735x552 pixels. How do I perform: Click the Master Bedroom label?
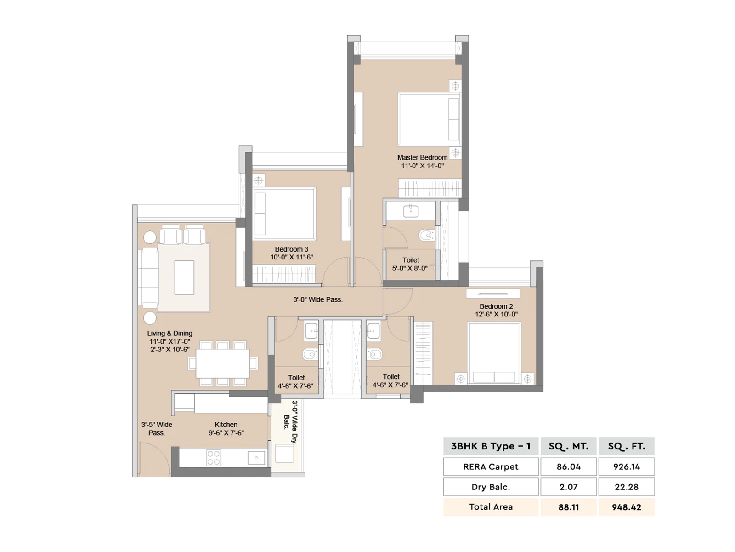[422, 157]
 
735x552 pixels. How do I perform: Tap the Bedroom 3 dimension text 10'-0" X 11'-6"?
[291, 257]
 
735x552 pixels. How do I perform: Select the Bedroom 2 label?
[496, 306]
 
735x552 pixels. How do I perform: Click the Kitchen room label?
[226, 424]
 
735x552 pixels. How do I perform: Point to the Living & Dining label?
[170, 333]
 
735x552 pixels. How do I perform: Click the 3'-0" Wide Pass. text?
[318, 299]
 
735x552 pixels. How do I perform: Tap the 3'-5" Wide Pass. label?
[157, 429]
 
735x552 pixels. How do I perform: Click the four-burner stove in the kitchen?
[213, 458]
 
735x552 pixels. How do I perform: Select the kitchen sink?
[256, 458]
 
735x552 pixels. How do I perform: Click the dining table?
[223, 363]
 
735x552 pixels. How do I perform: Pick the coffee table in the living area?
[184, 277]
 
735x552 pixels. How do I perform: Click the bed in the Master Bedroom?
[429, 119]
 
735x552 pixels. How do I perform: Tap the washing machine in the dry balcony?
[284, 453]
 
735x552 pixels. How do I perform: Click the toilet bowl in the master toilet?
[425, 235]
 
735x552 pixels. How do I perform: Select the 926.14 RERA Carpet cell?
[626, 466]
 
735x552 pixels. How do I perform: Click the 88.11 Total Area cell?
[568, 507]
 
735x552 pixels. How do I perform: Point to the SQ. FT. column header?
[626, 446]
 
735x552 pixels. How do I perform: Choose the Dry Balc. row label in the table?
[491, 487]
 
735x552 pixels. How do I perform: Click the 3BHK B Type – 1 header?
[491, 446]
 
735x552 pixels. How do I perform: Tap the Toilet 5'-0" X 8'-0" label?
[410, 264]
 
